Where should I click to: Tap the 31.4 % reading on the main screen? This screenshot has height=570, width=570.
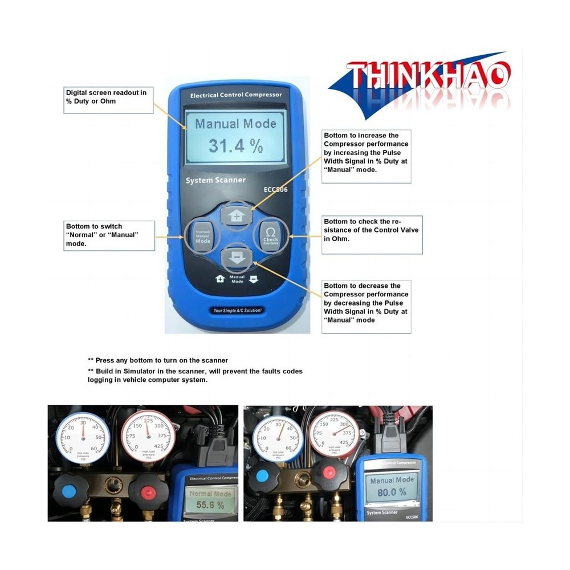click(x=235, y=145)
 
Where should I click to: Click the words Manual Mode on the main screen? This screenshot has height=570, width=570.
click(x=235, y=123)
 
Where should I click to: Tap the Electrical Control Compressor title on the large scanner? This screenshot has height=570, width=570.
click(x=235, y=95)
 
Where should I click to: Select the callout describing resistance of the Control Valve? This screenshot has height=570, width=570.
click(x=372, y=234)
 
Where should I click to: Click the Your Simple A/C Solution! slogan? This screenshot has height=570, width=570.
click(x=237, y=311)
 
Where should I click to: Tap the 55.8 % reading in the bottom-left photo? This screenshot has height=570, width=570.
click(x=210, y=505)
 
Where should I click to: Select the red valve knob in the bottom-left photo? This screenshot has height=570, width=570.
click(x=146, y=491)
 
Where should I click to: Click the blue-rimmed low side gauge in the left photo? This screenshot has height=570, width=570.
click(x=83, y=437)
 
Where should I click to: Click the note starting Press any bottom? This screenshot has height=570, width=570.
click(x=158, y=360)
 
